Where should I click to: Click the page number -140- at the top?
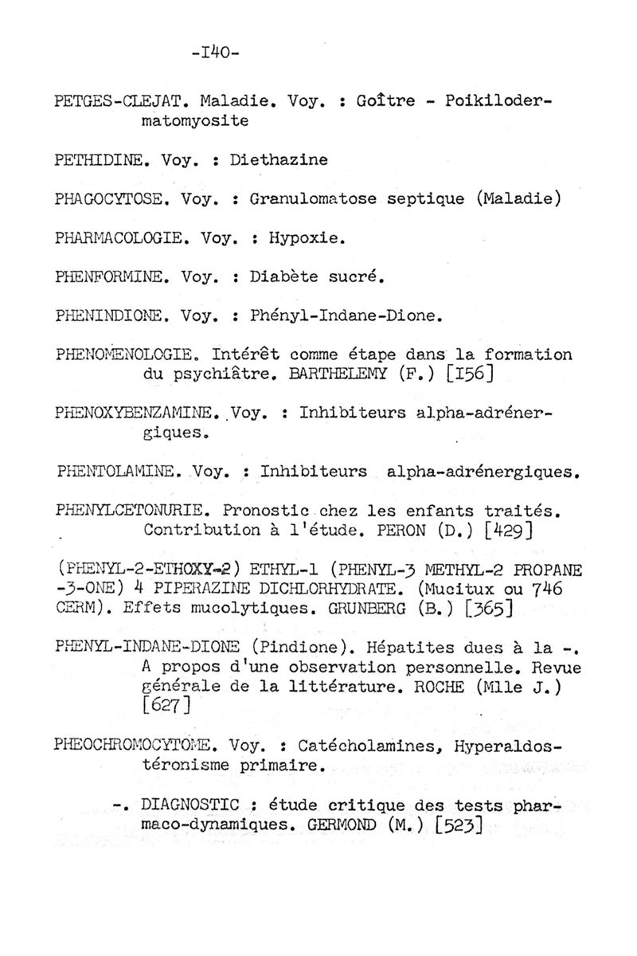pos(216,53)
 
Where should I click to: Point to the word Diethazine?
pos(279,159)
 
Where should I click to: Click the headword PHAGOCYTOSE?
pos(111,198)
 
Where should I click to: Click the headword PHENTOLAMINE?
pos(120,471)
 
